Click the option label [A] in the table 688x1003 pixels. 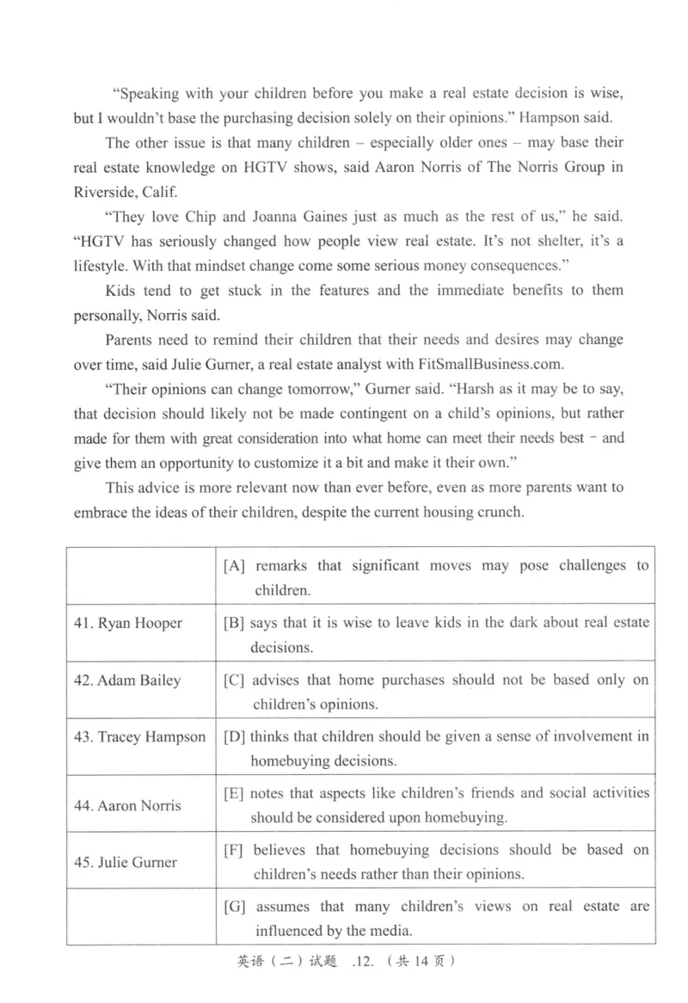(235, 566)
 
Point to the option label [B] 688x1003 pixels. (235, 623)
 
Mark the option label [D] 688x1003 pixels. (235, 737)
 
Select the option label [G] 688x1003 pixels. (236, 908)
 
